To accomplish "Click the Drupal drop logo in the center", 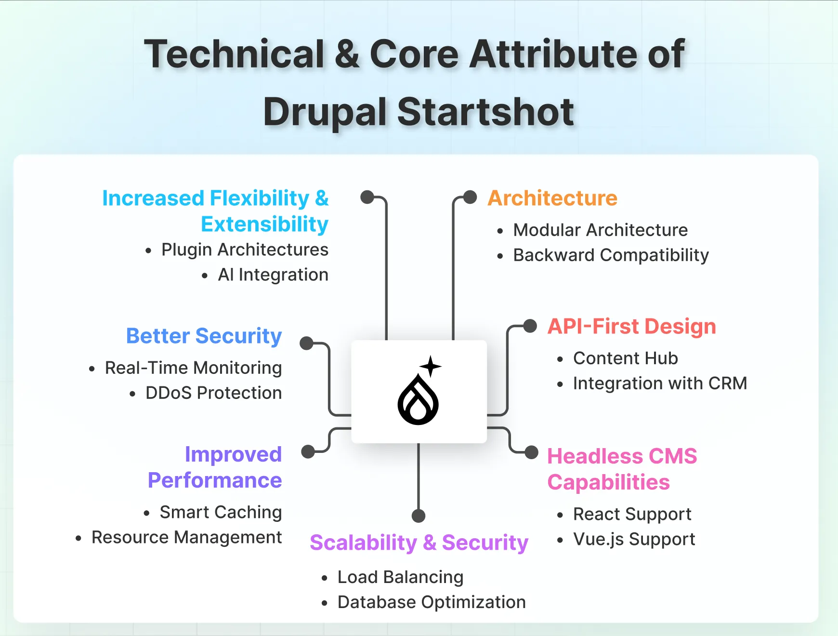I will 418,399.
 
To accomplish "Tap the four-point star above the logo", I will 431,366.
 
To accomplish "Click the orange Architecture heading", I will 552,198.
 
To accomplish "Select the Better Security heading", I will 204,336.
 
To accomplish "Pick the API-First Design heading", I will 631,326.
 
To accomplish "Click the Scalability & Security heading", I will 419,543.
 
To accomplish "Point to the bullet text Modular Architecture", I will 600,230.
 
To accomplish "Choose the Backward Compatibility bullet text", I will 611,255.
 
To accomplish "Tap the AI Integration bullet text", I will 273,275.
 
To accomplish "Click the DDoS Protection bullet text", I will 213,393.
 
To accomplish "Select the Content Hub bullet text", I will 625,358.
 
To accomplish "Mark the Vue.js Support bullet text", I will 634,539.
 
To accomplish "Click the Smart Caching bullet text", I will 221,512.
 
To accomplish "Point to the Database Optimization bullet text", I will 432,602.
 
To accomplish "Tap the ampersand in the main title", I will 347,54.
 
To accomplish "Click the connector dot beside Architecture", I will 470,197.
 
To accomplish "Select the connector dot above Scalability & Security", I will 419,516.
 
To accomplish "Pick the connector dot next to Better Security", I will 306,344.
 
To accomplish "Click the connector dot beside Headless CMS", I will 531,452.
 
